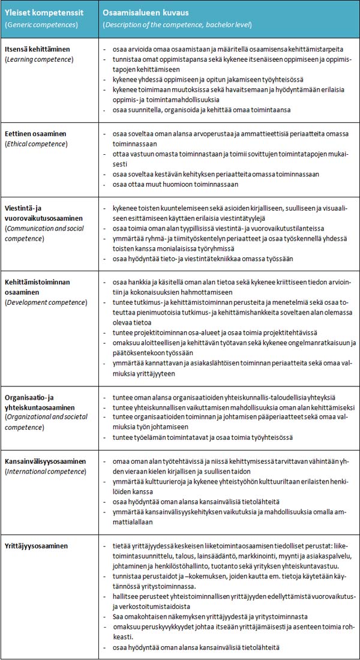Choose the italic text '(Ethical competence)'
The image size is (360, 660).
37,145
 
